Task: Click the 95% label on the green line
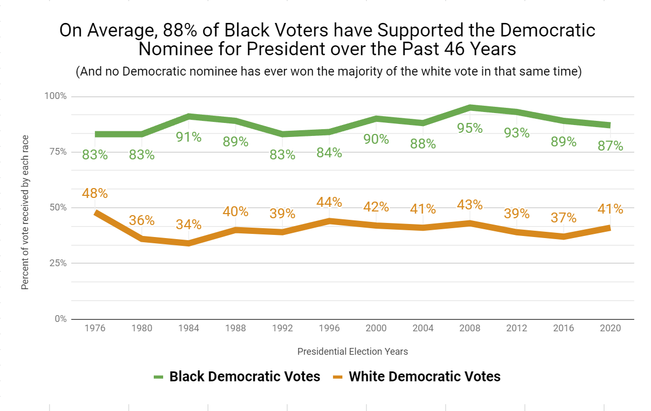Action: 470,128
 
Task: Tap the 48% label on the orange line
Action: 95,193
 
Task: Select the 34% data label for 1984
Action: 188,225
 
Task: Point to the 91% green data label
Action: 188,137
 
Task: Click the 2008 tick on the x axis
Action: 470,328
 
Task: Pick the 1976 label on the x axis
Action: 95,328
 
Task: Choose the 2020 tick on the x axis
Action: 610,328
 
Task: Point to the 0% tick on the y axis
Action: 61,319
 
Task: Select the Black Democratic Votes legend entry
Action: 237,377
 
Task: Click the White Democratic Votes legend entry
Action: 417,377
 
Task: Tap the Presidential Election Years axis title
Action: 352,352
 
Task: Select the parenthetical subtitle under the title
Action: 328,71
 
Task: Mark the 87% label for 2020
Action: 610,146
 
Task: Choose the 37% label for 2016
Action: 563,218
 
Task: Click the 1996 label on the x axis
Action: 329,328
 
